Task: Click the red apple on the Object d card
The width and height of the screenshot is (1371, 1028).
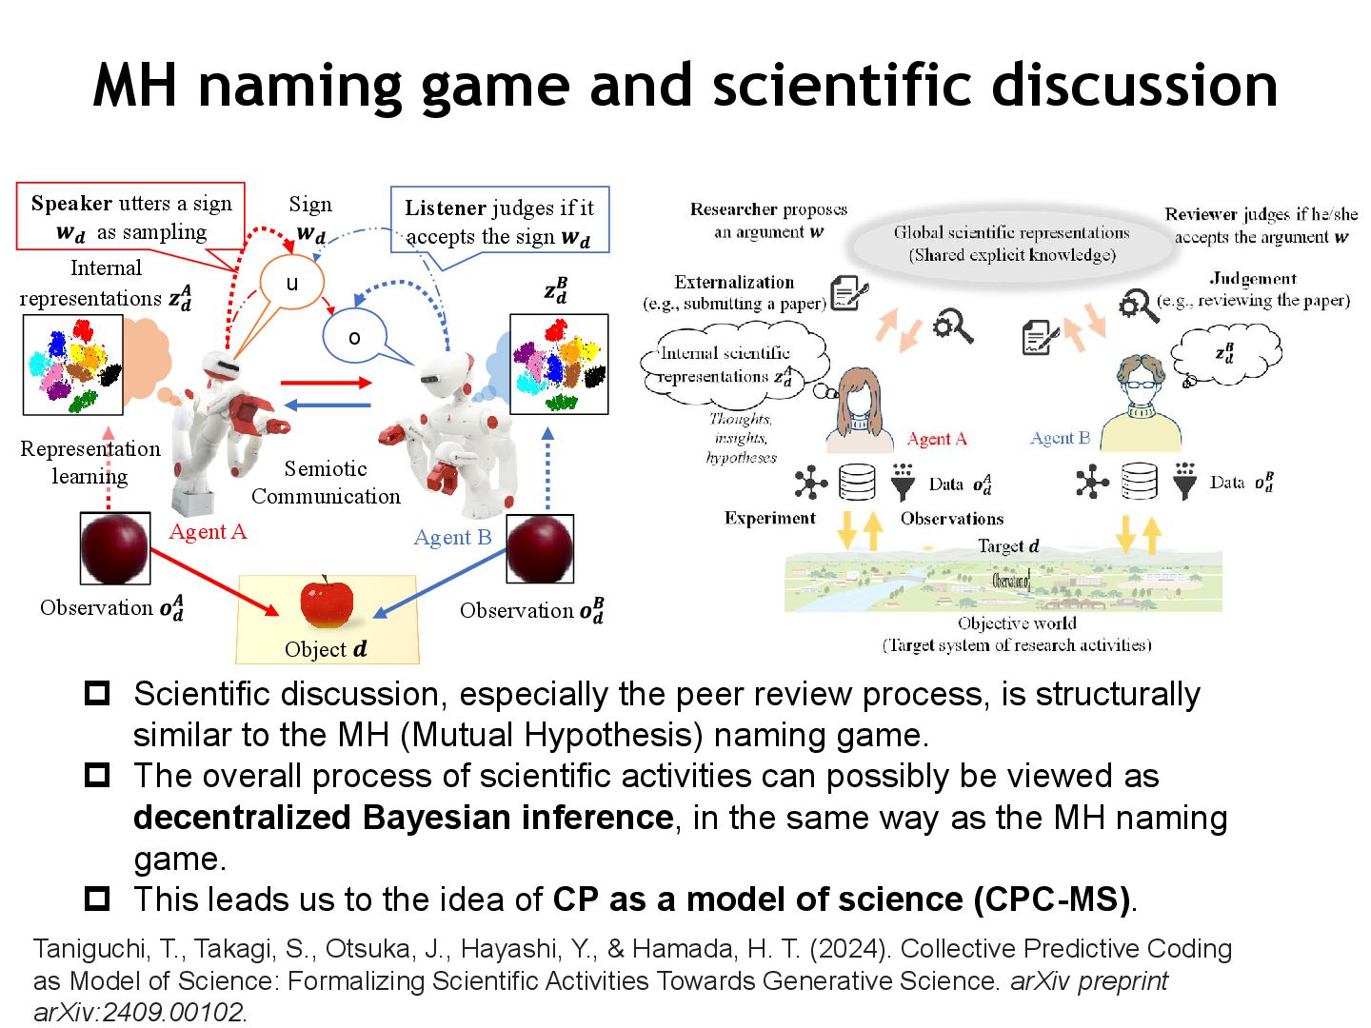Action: point(327,603)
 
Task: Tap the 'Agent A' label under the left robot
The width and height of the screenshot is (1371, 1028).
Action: point(208,531)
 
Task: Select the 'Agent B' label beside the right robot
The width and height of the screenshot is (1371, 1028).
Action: point(452,537)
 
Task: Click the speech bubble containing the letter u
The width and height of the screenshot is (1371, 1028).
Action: point(292,283)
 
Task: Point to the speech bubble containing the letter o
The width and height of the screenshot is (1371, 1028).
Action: point(354,337)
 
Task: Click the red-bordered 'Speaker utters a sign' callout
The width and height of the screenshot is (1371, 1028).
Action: point(130,217)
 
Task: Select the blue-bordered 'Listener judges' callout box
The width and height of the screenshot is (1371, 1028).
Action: point(499,221)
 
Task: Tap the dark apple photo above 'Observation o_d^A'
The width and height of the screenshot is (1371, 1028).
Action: point(114,548)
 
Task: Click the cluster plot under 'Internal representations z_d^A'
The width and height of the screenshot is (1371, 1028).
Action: point(73,365)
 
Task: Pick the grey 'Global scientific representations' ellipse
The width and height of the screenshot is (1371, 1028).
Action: point(1011,244)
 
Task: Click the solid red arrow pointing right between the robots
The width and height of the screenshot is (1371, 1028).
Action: point(326,383)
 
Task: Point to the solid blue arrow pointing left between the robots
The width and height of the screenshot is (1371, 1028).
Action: point(328,405)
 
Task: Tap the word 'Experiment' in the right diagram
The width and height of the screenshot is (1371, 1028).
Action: point(769,518)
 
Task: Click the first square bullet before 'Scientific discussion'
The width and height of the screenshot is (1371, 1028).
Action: point(97,693)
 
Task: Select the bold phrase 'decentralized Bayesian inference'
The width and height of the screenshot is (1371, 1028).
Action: point(404,818)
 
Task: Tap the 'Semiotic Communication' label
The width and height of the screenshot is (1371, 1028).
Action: point(326,482)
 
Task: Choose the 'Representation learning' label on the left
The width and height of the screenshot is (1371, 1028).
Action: point(90,462)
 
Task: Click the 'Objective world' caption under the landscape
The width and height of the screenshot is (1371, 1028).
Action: point(1017,623)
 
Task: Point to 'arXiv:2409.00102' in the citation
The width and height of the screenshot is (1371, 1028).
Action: point(139,1012)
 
